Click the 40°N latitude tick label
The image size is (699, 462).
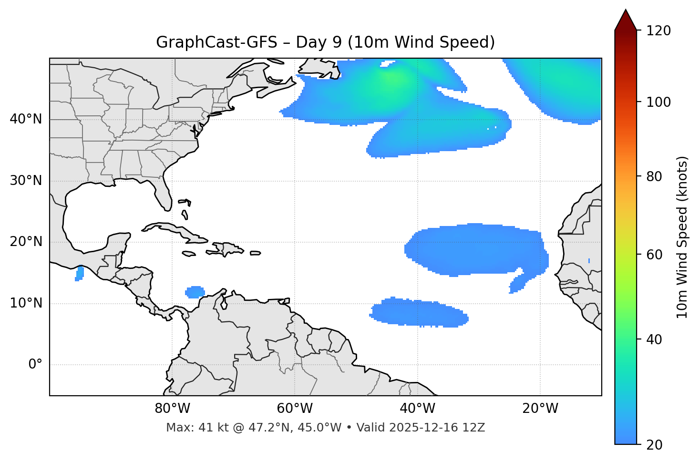(x=26, y=119)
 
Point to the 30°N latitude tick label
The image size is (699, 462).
(x=26, y=181)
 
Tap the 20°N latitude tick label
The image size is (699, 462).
(x=26, y=242)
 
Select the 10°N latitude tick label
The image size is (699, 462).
(x=26, y=303)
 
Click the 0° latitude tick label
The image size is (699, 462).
(x=35, y=365)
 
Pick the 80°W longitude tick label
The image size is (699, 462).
(x=172, y=409)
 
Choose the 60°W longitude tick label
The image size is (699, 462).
(x=295, y=409)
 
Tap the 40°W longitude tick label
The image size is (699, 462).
(x=417, y=409)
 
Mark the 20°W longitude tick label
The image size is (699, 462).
(x=540, y=409)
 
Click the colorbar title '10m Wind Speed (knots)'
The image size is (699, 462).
(x=682, y=237)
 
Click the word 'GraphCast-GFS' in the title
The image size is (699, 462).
(x=216, y=42)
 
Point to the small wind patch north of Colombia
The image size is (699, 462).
(x=195, y=292)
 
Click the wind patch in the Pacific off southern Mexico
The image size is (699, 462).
(x=80, y=274)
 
